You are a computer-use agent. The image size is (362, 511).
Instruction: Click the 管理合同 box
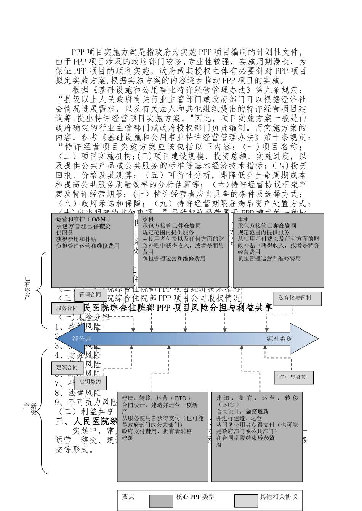point(90,295)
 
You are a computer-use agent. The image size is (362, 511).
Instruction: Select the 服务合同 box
point(67,308)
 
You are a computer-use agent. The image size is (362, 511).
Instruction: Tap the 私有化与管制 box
point(298,298)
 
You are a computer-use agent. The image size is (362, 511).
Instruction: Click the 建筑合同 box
point(67,367)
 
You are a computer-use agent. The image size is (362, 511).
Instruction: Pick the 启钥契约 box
point(90,382)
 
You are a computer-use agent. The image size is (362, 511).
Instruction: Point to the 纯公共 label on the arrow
point(82,338)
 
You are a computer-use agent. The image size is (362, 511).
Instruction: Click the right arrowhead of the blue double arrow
point(305,338)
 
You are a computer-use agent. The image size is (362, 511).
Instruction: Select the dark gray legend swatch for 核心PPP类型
point(161,501)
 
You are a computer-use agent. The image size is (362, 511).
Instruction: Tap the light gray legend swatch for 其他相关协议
point(246,501)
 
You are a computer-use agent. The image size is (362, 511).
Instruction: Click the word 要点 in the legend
point(128,497)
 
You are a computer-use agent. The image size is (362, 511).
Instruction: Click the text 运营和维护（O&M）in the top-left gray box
point(83,219)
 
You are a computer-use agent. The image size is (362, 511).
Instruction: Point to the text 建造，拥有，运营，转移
point(257,398)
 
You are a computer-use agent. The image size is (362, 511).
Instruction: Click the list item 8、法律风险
point(78,393)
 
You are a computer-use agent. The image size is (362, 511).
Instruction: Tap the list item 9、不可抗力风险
point(86,402)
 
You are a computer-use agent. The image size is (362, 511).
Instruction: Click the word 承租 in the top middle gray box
point(148,219)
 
